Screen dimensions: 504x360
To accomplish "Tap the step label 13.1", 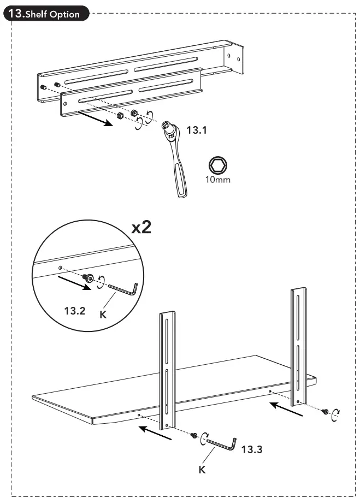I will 198,131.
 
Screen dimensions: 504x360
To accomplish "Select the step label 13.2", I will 75,311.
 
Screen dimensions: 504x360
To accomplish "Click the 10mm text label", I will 217,180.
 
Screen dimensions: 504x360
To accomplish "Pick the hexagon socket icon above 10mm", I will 217,164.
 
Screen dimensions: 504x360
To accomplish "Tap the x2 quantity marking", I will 141,228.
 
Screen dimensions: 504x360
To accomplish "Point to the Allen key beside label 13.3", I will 221,443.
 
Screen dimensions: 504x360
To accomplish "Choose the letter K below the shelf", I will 202,469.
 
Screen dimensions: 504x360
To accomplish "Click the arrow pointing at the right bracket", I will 286,410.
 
